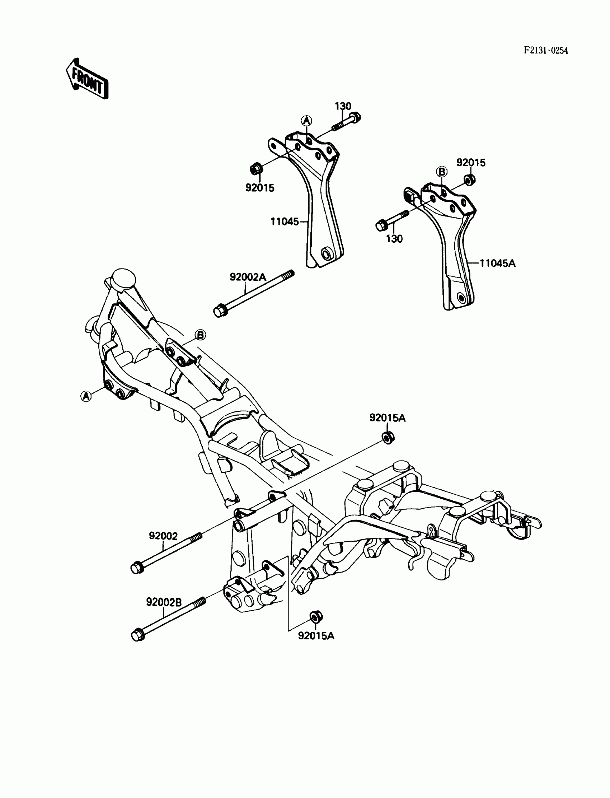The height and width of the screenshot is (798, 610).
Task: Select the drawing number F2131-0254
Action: coord(545,51)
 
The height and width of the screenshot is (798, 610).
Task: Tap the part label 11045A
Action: coord(497,263)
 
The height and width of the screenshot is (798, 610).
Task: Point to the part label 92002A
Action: coord(248,277)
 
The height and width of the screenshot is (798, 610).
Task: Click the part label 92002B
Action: coord(164,602)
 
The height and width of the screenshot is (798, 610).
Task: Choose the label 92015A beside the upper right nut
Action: coord(388,418)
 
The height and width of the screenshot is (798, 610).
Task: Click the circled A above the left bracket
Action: coord(306,120)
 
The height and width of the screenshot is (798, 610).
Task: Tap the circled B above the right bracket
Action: coord(442,172)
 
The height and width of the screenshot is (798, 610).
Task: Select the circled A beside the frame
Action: coord(86,396)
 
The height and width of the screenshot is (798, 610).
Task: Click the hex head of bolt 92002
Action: coord(136,568)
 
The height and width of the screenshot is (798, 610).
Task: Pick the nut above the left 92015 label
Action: coord(255,169)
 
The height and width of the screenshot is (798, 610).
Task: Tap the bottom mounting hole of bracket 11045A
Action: coord(461,298)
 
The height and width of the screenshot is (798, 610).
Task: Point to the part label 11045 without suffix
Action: coord(284,221)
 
